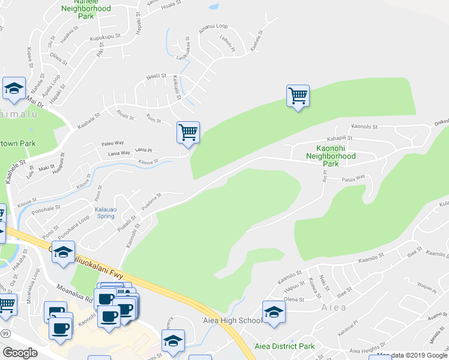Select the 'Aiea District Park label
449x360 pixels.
[x=284, y=346]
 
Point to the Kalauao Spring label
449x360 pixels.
[x=106, y=213]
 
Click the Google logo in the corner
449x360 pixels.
[x=20, y=353]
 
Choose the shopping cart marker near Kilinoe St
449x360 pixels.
[x=188, y=133]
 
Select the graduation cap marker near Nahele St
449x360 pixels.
[x=14, y=89]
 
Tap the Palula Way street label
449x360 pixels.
[x=354, y=178]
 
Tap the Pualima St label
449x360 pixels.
[x=151, y=199]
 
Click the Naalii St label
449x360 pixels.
[x=156, y=76]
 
